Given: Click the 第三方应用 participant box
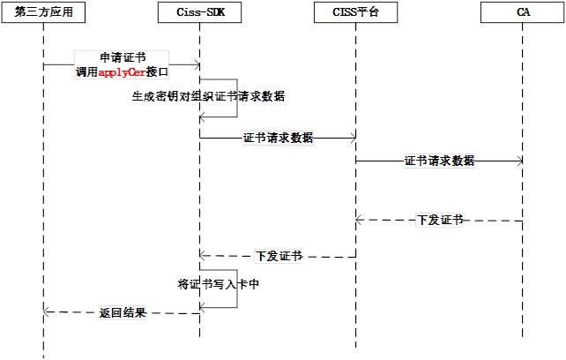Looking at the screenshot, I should pos(43,12).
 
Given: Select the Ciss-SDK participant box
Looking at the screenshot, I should pos(200,12).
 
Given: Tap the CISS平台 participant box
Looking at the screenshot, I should pos(355,12).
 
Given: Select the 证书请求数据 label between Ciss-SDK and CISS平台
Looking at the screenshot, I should pos(278,138).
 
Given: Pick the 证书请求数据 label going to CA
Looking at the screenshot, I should pos(439,161).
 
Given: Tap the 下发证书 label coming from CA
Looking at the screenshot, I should pos(439,221).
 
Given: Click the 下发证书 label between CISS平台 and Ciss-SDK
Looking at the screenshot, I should pos(278,257).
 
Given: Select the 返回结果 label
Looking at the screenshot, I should pos(122,312).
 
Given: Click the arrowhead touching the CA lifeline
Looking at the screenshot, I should pos(518,161).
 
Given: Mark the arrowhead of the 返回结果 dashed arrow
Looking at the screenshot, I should pos(48,311).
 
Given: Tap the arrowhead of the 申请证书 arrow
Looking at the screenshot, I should pos(195,64).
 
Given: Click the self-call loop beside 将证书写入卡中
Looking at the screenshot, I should pos(236,289).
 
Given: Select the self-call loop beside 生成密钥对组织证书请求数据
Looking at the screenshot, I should pos(236,97).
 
